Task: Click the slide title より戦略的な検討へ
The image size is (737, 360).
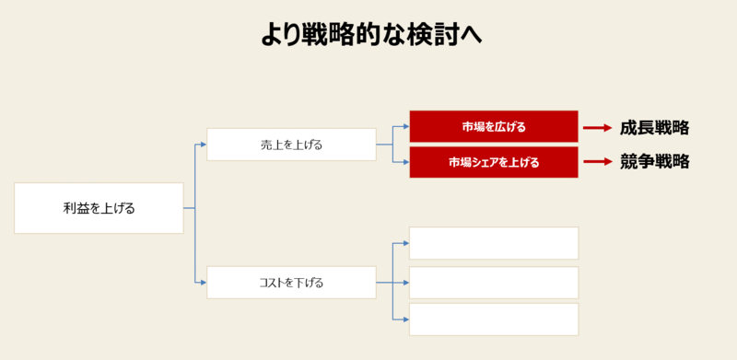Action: (x=369, y=34)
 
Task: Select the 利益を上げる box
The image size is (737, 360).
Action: (x=99, y=208)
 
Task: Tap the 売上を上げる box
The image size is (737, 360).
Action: (x=291, y=145)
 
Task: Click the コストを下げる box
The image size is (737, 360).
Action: (x=291, y=283)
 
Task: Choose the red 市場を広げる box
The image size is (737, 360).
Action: (x=494, y=126)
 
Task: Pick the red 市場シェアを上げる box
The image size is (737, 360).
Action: (x=494, y=162)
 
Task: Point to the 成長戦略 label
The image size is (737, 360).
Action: (x=654, y=128)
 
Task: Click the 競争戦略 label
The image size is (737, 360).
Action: (x=654, y=162)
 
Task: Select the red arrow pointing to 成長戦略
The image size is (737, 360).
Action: (x=598, y=128)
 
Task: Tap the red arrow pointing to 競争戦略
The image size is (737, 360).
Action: (x=598, y=162)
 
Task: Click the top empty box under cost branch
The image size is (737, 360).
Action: (x=494, y=243)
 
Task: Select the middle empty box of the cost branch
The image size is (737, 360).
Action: (x=494, y=283)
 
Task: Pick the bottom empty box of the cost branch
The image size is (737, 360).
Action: (x=494, y=319)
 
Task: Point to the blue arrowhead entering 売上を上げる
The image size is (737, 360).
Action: (x=203, y=145)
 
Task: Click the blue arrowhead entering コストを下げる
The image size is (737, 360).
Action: (x=203, y=283)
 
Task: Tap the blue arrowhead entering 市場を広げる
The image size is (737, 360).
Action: (x=405, y=126)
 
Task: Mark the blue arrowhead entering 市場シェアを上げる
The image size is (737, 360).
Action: (x=405, y=162)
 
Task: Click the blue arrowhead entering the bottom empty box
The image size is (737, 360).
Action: (x=405, y=319)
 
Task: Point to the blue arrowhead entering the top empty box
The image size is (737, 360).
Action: (x=405, y=243)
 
